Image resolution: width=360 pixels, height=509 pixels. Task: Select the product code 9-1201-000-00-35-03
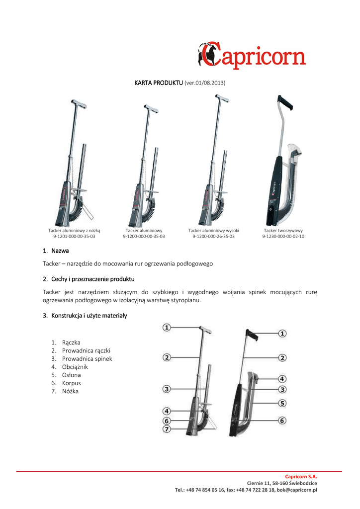click(74, 237)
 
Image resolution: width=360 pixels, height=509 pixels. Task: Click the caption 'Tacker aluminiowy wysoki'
click(213, 231)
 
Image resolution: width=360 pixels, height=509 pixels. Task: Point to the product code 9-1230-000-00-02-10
click(283, 237)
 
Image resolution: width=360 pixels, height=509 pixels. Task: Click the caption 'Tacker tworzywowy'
click(283, 231)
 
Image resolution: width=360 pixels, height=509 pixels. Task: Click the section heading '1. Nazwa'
click(56, 250)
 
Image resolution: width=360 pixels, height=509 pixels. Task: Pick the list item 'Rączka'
click(71, 342)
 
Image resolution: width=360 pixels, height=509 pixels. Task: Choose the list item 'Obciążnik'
click(75, 367)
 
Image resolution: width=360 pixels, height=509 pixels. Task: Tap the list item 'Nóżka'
click(70, 391)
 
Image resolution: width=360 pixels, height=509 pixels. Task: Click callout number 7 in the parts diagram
click(167, 428)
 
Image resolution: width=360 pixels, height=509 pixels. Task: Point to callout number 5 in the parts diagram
click(282, 403)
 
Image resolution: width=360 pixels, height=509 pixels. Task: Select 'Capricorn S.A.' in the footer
click(301, 476)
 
